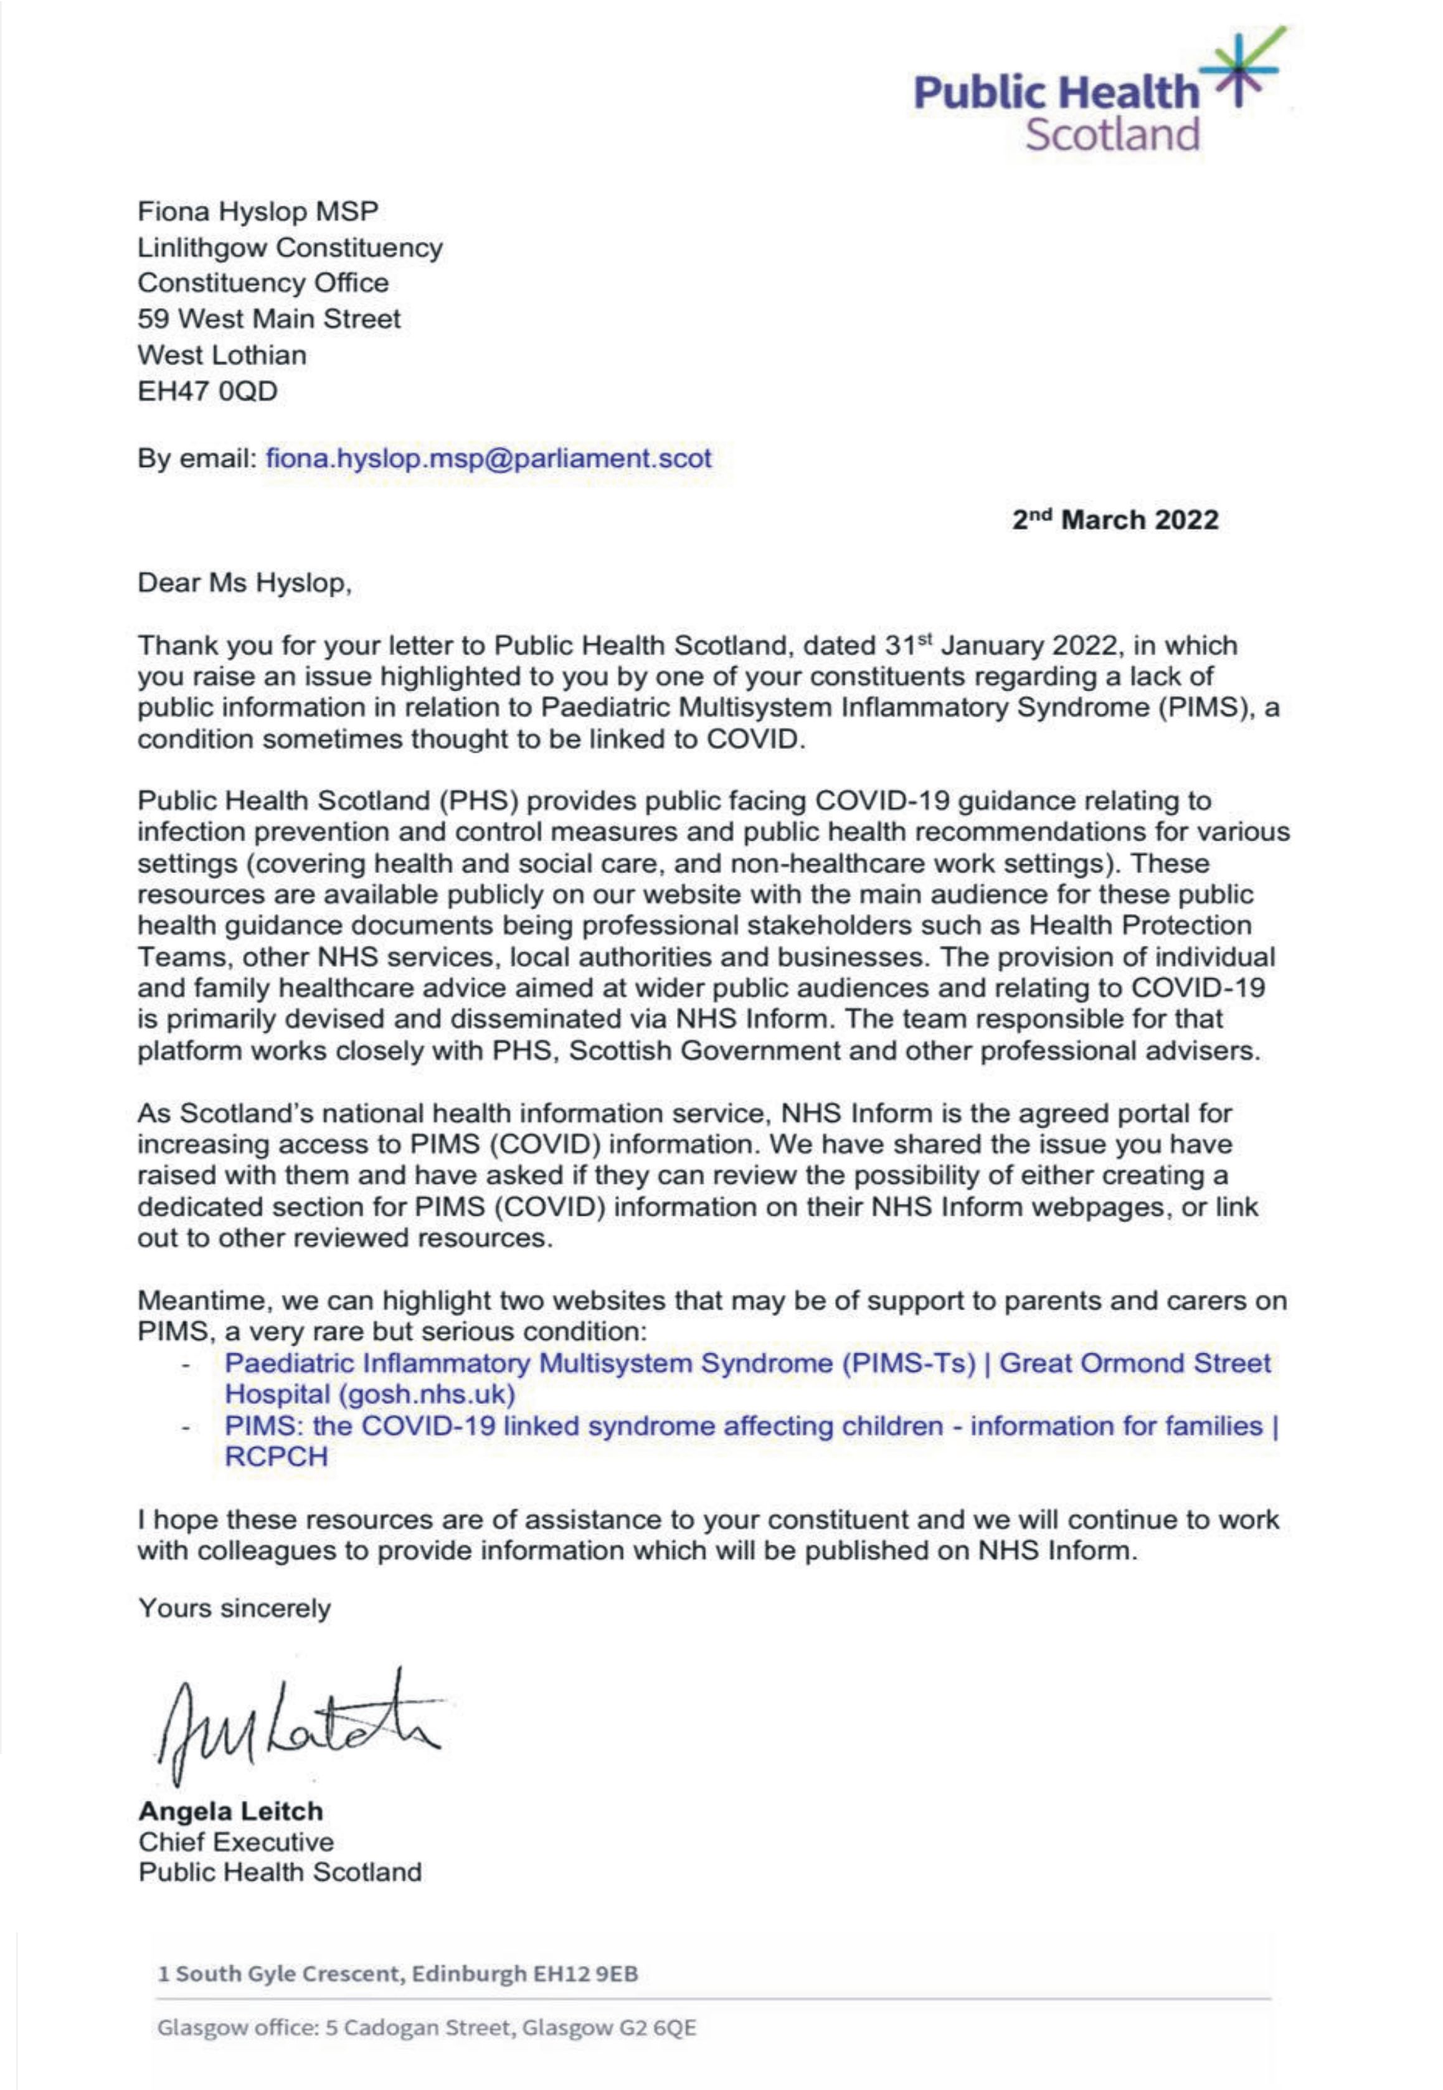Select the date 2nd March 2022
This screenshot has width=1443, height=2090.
(x=1115, y=520)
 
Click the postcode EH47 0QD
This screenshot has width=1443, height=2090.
(x=207, y=391)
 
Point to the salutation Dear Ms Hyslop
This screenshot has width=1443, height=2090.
(x=244, y=583)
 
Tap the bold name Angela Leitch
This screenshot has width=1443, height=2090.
(x=230, y=1811)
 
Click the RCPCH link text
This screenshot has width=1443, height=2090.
(x=276, y=1456)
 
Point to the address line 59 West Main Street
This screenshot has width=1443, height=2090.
(x=268, y=318)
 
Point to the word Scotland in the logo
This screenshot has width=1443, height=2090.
(x=1112, y=134)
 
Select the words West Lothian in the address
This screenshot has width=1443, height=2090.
(x=222, y=355)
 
